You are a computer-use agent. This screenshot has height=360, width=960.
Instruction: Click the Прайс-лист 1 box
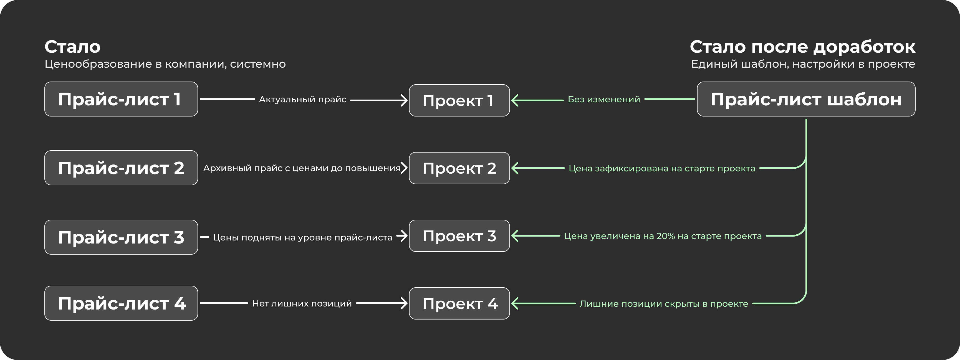[x=121, y=99]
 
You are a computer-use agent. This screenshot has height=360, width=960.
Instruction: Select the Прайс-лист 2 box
[x=121, y=168]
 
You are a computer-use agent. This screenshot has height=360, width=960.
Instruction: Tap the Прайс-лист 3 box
[x=121, y=237]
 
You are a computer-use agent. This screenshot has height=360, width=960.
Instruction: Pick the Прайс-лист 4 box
[x=121, y=303]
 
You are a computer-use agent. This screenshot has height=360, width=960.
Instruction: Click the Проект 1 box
[x=459, y=100]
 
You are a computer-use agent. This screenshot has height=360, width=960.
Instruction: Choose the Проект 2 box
[x=459, y=168]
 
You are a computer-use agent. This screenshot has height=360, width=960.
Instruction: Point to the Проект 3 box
[x=459, y=235]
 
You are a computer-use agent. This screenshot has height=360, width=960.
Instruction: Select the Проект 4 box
[x=459, y=303]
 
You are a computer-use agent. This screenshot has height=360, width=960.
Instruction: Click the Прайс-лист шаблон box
[x=806, y=99]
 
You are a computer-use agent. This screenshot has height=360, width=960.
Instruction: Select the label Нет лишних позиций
[x=302, y=303]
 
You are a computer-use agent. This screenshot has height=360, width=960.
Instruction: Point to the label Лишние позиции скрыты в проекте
[x=664, y=304]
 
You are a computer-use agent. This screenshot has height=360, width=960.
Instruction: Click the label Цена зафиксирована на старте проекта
[x=662, y=168]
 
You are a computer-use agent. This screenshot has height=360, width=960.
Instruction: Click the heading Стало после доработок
[x=802, y=47]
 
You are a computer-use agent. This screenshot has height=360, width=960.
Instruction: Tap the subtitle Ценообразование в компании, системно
[x=165, y=64]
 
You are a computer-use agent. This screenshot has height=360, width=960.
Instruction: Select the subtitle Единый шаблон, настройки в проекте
[x=803, y=64]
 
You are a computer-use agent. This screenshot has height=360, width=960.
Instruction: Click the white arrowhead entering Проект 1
[x=404, y=100]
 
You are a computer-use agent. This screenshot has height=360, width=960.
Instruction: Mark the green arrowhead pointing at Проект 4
[x=515, y=303]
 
